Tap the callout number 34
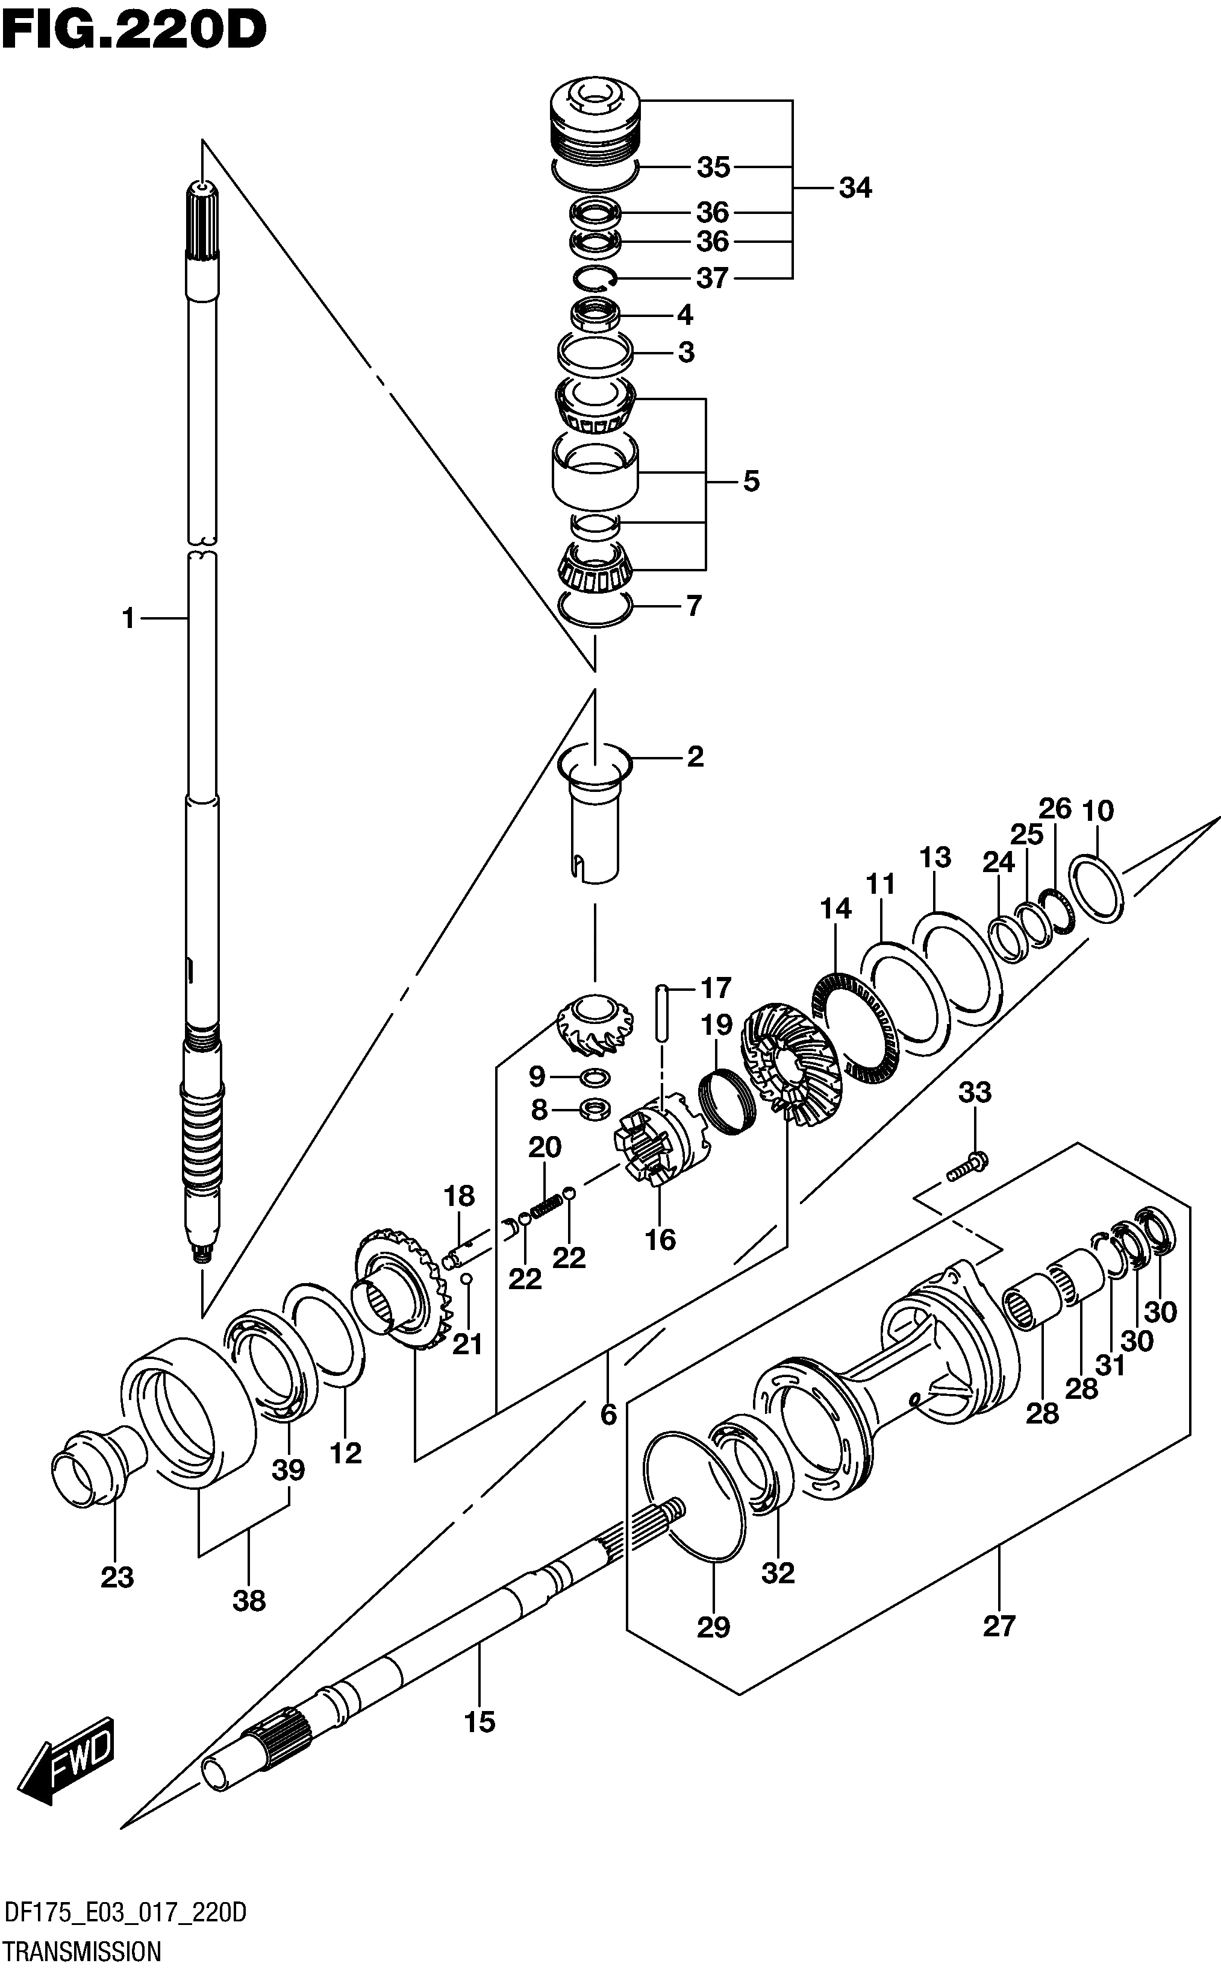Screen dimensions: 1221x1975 pyautogui.click(x=855, y=188)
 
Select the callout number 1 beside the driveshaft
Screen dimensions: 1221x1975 pyautogui.click(x=128, y=619)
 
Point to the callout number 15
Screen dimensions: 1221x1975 pyautogui.click(x=479, y=1722)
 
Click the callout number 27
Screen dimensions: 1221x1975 pyautogui.click(x=999, y=1625)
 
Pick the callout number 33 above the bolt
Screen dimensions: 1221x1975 pyautogui.click(x=975, y=1092)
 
